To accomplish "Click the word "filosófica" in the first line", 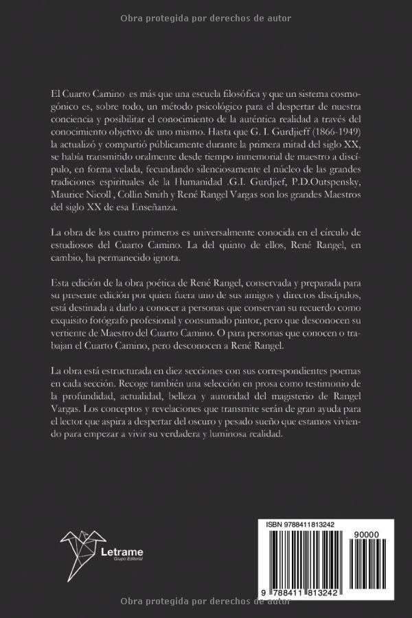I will coord(233,92).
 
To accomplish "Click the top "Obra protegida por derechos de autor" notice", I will coord(205,19).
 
